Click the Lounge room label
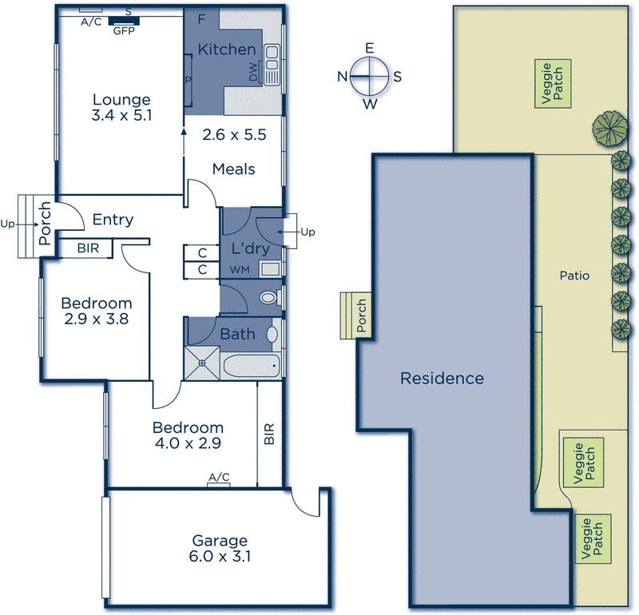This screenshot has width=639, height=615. point(121,101)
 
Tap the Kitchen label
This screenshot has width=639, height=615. point(227,50)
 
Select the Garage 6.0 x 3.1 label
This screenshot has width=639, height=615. point(219,541)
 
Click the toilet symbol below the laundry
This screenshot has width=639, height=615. point(270,298)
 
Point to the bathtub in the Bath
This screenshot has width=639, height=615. point(251,367)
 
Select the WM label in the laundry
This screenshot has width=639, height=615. point(239,270)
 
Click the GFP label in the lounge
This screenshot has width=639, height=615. point(123,32)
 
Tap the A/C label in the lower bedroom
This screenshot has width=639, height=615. point(219,478)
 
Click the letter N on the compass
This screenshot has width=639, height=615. point(342,77)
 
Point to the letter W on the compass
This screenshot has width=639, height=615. point(370,104)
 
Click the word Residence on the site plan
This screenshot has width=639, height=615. point(442,378)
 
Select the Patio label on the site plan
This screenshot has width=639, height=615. point(574,276)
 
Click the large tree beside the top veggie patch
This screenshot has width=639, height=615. point(609,129)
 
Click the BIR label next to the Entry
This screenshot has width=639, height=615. point(88,248)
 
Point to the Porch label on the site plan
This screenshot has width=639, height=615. point(361,315)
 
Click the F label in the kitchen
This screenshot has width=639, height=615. point(201,18)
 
